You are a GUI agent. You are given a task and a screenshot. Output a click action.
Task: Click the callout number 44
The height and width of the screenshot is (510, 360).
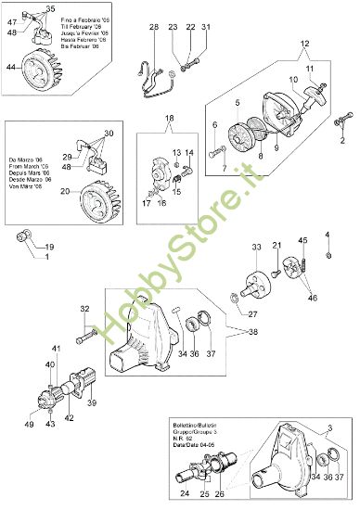tap(12, 67)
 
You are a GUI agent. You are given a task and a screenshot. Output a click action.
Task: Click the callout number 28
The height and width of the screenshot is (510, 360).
tap(155, 27)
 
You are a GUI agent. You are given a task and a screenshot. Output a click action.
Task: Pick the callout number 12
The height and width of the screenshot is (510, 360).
tap(304, 44)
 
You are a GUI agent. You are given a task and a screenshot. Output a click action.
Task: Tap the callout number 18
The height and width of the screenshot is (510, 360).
tap(169, 119)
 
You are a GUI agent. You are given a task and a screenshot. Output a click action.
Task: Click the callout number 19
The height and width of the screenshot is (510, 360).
tap(50, 247)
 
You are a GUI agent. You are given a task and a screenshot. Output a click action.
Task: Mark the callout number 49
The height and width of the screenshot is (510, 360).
tap(30, 423)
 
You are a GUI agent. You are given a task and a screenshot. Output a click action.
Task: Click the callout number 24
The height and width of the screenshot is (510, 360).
tap(184, 494)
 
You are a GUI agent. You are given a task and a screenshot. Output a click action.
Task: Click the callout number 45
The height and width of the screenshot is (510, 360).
tap(302, 241)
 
